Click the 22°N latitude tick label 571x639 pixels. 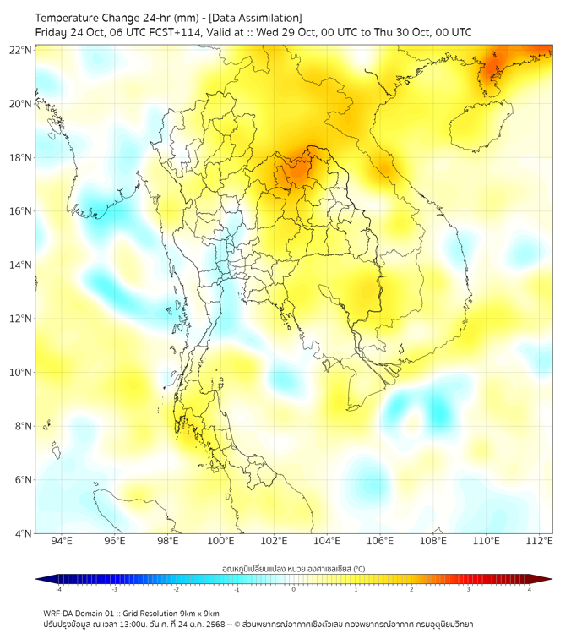coord(21,50)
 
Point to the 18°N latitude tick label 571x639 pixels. coord(21,157)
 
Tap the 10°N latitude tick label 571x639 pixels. coord(21,372)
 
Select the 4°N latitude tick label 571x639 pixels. coord(23,533)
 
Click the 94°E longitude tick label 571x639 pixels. coord(62,541)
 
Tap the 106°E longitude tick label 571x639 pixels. coord(380,541)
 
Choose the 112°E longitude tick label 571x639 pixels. coord(540,541)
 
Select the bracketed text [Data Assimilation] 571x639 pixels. coord(254,18)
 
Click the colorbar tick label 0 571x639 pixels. coord(294,589)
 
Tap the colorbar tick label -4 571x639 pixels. coord(58,589)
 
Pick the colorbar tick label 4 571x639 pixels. coord(530,589)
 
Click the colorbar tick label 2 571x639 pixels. coord(412,589)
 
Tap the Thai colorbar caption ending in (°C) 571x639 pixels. coord(293,568)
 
